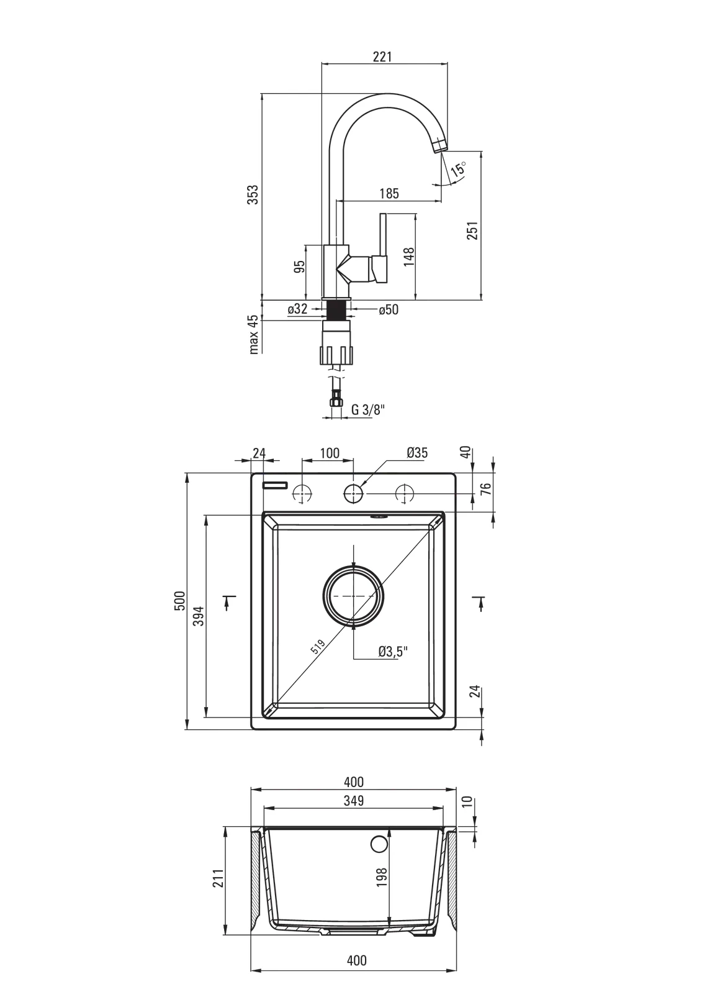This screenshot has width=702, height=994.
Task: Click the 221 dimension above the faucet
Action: tap(382, 57)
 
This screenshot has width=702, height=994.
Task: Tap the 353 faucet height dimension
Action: tap(253, 195)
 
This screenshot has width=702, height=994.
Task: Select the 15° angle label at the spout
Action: tap(459, 170)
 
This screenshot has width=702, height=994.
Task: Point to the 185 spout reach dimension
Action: tap(389, 194)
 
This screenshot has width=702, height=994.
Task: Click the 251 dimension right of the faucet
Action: tap(472, 230)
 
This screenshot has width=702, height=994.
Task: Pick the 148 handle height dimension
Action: tap(408, 257)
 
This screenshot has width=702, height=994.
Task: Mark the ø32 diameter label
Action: tap(297, 309)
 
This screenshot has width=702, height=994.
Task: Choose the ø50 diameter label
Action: tap(389, 309)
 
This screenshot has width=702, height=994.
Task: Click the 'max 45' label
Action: tap(253, 334)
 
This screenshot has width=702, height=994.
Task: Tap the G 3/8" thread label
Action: tap(368, 409)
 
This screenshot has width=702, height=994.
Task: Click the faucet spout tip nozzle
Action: tap(439, 145)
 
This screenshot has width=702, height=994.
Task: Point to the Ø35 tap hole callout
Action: tap(417, 453)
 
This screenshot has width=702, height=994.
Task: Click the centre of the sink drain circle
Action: tap(353, 595)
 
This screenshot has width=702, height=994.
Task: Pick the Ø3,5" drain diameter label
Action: tap(393, 651)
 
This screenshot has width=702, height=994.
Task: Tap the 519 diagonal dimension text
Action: tap(318, 647)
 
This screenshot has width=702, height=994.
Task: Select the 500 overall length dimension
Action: tap(179, 601)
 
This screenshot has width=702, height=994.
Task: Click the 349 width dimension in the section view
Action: tap(353, 801)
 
